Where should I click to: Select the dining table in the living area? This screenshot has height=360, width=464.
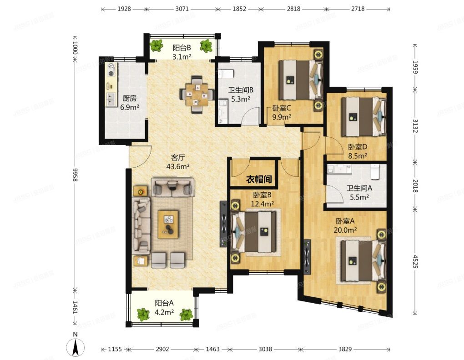197,95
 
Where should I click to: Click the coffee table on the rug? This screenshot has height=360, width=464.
168,225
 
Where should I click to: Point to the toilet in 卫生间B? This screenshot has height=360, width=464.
227,73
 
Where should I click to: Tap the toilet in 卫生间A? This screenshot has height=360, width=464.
375,171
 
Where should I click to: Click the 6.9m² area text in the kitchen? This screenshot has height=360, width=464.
130,107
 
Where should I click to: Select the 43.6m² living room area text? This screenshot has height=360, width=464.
178,166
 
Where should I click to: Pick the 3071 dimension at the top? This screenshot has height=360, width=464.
182,9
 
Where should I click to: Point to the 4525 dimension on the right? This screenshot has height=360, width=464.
416,261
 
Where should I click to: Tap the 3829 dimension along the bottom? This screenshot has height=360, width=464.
345,350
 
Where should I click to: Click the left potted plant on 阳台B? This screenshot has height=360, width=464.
156,46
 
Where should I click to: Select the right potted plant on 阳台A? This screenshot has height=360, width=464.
187,315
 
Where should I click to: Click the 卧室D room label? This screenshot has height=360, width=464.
358,147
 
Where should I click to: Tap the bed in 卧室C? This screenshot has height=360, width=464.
300,80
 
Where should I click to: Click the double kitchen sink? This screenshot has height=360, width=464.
111,99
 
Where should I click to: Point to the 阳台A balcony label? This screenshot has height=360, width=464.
164,303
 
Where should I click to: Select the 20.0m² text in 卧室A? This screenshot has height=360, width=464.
345,230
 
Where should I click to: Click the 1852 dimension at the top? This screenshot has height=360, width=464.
239,9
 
